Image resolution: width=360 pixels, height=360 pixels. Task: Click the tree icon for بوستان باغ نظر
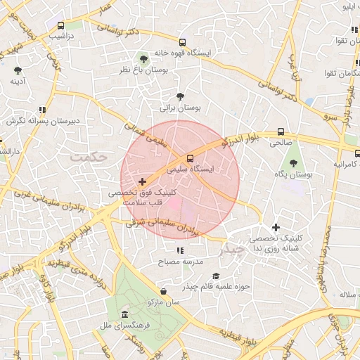pyautogui.click(x=144, y=59)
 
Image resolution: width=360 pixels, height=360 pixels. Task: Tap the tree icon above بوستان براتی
pyautogui.click(x=181, y=96)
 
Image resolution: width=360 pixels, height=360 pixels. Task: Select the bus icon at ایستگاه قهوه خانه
pyautogui.click(x=183, y=42)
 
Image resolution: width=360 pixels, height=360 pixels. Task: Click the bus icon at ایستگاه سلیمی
pyautogui.click(x=190, y=157)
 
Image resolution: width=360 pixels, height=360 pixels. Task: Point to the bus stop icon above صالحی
pyautogui.click(x=281, y=131)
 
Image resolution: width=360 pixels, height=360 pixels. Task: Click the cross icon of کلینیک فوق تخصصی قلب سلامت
pyautogui.click(x=143, y=181)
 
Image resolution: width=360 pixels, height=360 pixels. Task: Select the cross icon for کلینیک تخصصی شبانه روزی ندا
pyautogui.click(x=276, y=227)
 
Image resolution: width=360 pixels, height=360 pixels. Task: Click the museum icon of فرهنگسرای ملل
pyautogui.click(x=124, y=314)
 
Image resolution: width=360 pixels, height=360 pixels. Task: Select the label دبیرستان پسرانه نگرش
pyautogui.click(x=44, y=121)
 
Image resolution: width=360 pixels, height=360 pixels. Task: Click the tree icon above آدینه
pyautogui.click(x=18, y=70)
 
